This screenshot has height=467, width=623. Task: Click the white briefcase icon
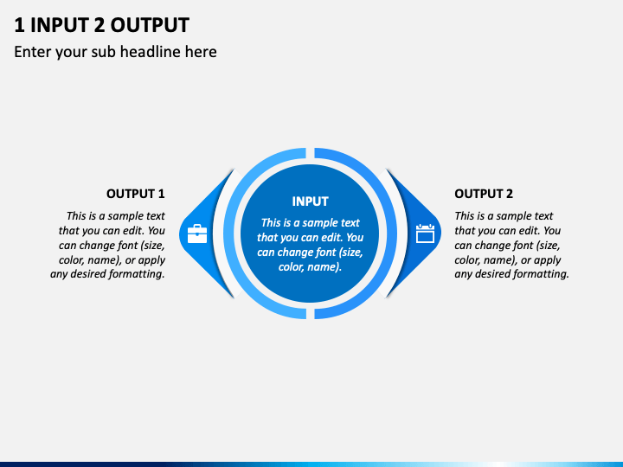click(x=197, y=233)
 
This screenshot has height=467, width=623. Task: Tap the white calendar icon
click(x=425, y=233)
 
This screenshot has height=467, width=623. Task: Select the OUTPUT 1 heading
click(x=136, y=194)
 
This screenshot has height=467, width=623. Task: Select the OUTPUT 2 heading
click(x=484, y=194)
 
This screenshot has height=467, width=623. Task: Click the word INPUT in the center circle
click(x=310, y=202)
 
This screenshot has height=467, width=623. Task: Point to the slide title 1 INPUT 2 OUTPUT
click(x=102, y=25)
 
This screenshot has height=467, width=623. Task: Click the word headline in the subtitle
click(x=151, y=52)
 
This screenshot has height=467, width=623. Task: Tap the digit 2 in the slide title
click(x=100, y=25)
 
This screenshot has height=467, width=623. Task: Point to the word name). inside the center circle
click(x=324, y=267)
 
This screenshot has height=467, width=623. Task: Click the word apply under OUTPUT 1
click(x=151, y=260)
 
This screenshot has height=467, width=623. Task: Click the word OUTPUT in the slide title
click(x=150, y=25)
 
